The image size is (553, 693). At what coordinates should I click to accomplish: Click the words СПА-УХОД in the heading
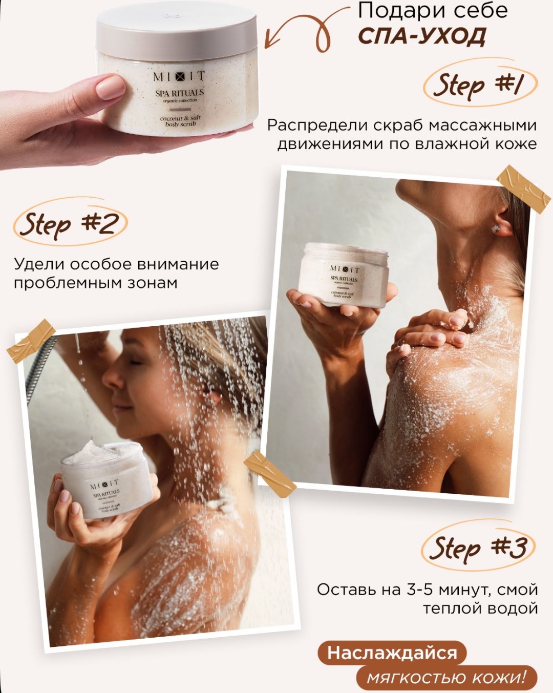[x=422, y=36]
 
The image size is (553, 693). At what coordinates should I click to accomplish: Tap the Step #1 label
[x=480, y=84]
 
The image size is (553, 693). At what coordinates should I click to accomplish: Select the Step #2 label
[x=70, y=223]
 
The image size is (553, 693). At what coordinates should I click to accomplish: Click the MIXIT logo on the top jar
[x=179, y=77]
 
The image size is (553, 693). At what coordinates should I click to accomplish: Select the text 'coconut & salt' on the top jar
[x=180, y=118]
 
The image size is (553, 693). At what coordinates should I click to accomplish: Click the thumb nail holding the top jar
[x=111, y=85]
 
